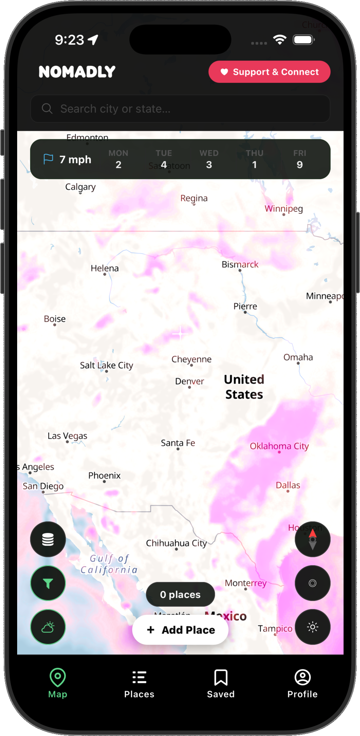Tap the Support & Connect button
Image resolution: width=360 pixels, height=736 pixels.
pyautogui.click(x=269, y=72)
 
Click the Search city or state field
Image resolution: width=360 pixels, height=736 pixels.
pyautogui.click(x=180, y=109)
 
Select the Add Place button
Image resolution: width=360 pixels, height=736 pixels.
pyautogui.click(x=180, y=630)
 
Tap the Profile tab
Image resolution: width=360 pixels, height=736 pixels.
pyautogui.click(x=302, y=684)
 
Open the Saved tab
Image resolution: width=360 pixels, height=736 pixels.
pyautogui.click(x=221, y=684)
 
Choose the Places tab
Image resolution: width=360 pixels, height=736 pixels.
pyautogui.click(x=139, y=684)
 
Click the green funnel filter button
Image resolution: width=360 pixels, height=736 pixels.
pyautogui.click(x=48, y=583)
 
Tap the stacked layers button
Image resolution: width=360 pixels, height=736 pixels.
pyautogui.click(x=48, y=539)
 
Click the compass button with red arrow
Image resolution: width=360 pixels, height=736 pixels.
pyautogui.click(x=312, y=539)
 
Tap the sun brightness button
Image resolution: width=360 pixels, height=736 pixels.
pyautogui.click(x=312, y=627)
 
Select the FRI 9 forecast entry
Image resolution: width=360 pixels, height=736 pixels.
pyautogui.click(x=299, y=160)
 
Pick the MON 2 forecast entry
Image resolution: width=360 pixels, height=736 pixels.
pyautogui.click(x=118, y=160)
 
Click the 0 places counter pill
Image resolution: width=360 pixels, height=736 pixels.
pyautogui.click(x=180, y=594)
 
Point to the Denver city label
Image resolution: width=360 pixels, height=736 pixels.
pyautogui.click(x=190, y=381)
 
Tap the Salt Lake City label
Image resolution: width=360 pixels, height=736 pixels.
pyautogui.click(x=106, y=365)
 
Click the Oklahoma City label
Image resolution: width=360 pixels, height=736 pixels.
pyautogui.click(x=279, y=446)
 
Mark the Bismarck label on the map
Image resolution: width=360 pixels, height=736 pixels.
pyautogui.click(x=240, y=264)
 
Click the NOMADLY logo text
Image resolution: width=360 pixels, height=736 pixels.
pyautogui.click(x=77, y=72)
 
